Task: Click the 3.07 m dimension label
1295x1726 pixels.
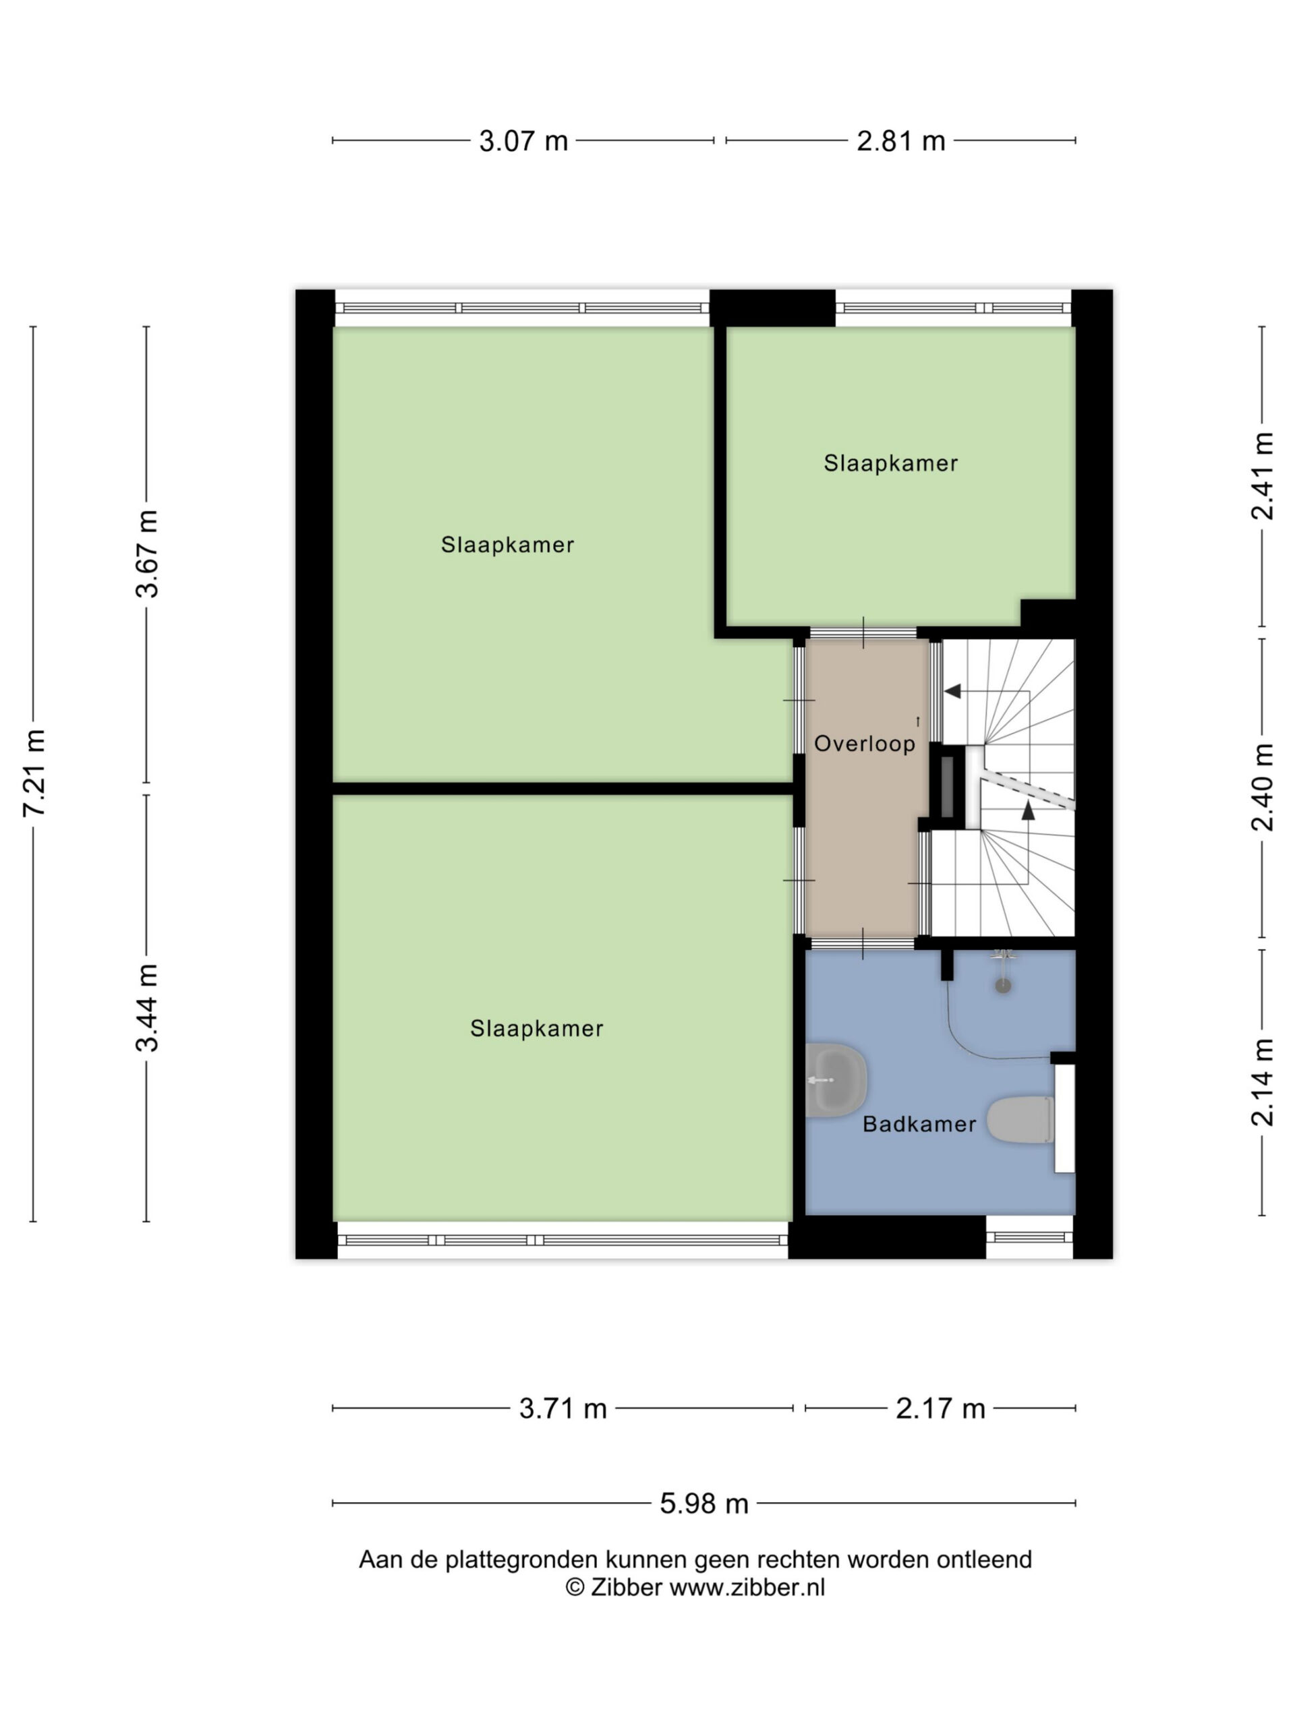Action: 522,140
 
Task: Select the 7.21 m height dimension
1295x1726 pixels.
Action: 34,773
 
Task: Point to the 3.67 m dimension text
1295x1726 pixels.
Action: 147,554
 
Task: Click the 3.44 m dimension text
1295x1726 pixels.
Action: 147,1007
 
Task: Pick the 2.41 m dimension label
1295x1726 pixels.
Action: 1261,475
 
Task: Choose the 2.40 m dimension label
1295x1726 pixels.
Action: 1261,787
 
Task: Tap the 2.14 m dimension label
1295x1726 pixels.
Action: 1261,1082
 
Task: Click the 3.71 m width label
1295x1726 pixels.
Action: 563,1408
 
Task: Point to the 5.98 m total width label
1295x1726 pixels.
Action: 703,1503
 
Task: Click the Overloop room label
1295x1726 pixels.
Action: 864,744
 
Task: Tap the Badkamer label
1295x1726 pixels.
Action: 919,1125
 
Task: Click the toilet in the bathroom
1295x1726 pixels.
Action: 1019,1121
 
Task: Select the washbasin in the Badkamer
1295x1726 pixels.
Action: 835,1081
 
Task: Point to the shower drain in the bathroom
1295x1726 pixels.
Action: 1002,986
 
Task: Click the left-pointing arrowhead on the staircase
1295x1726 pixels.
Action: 952,690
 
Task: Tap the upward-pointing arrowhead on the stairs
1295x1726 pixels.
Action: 1028,810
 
